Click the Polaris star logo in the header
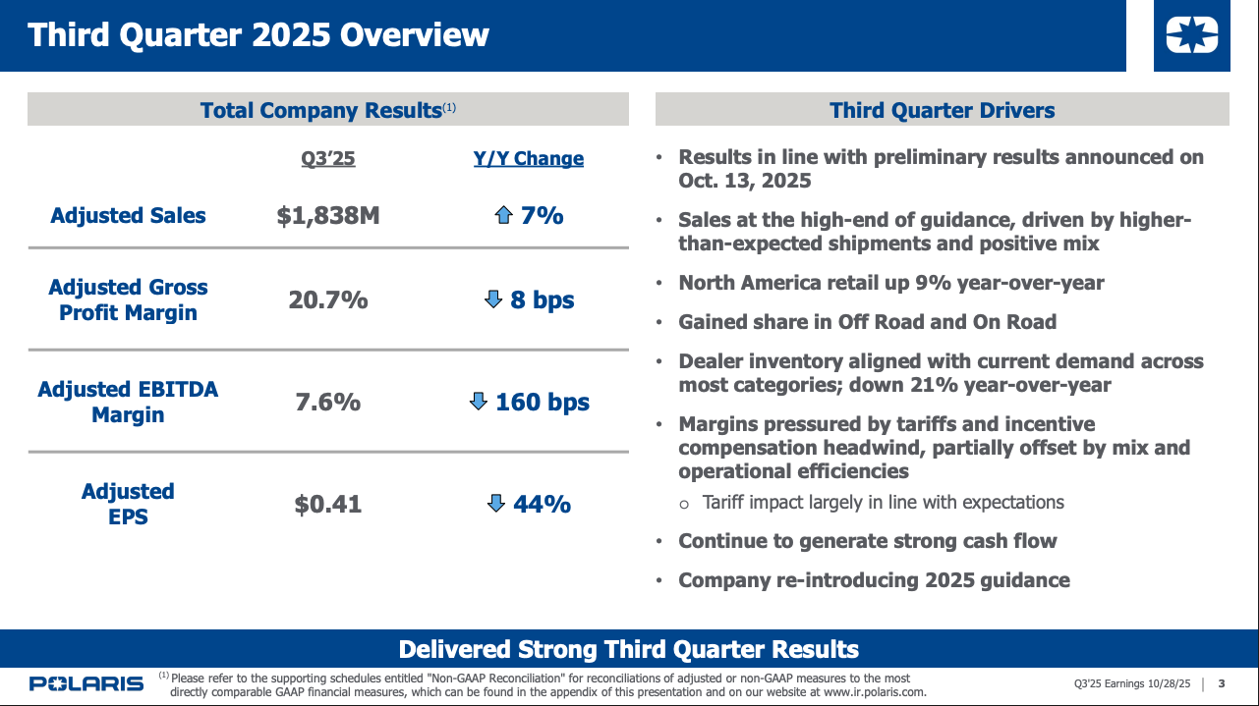point(1191,36)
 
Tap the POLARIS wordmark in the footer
point(86,684)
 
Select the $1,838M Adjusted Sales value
point(328,216)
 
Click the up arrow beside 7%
point(503,216)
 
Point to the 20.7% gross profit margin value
point(328,300)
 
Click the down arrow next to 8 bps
point(493,299)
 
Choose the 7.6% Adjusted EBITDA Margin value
point(328,403)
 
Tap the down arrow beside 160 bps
point(479,402)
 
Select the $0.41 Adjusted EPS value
point(328,505)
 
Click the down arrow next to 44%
point(496,504)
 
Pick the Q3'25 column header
point(328,159)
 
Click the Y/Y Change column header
point(529,159)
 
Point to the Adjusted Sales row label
point(128,216)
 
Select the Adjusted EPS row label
point(128,504)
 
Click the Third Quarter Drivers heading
point(942,110)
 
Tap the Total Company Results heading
point(320,110)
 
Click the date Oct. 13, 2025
point(745,182)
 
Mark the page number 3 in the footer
point(1222,684)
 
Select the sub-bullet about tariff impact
point(883,503)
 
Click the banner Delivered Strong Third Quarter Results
point(629,649)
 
